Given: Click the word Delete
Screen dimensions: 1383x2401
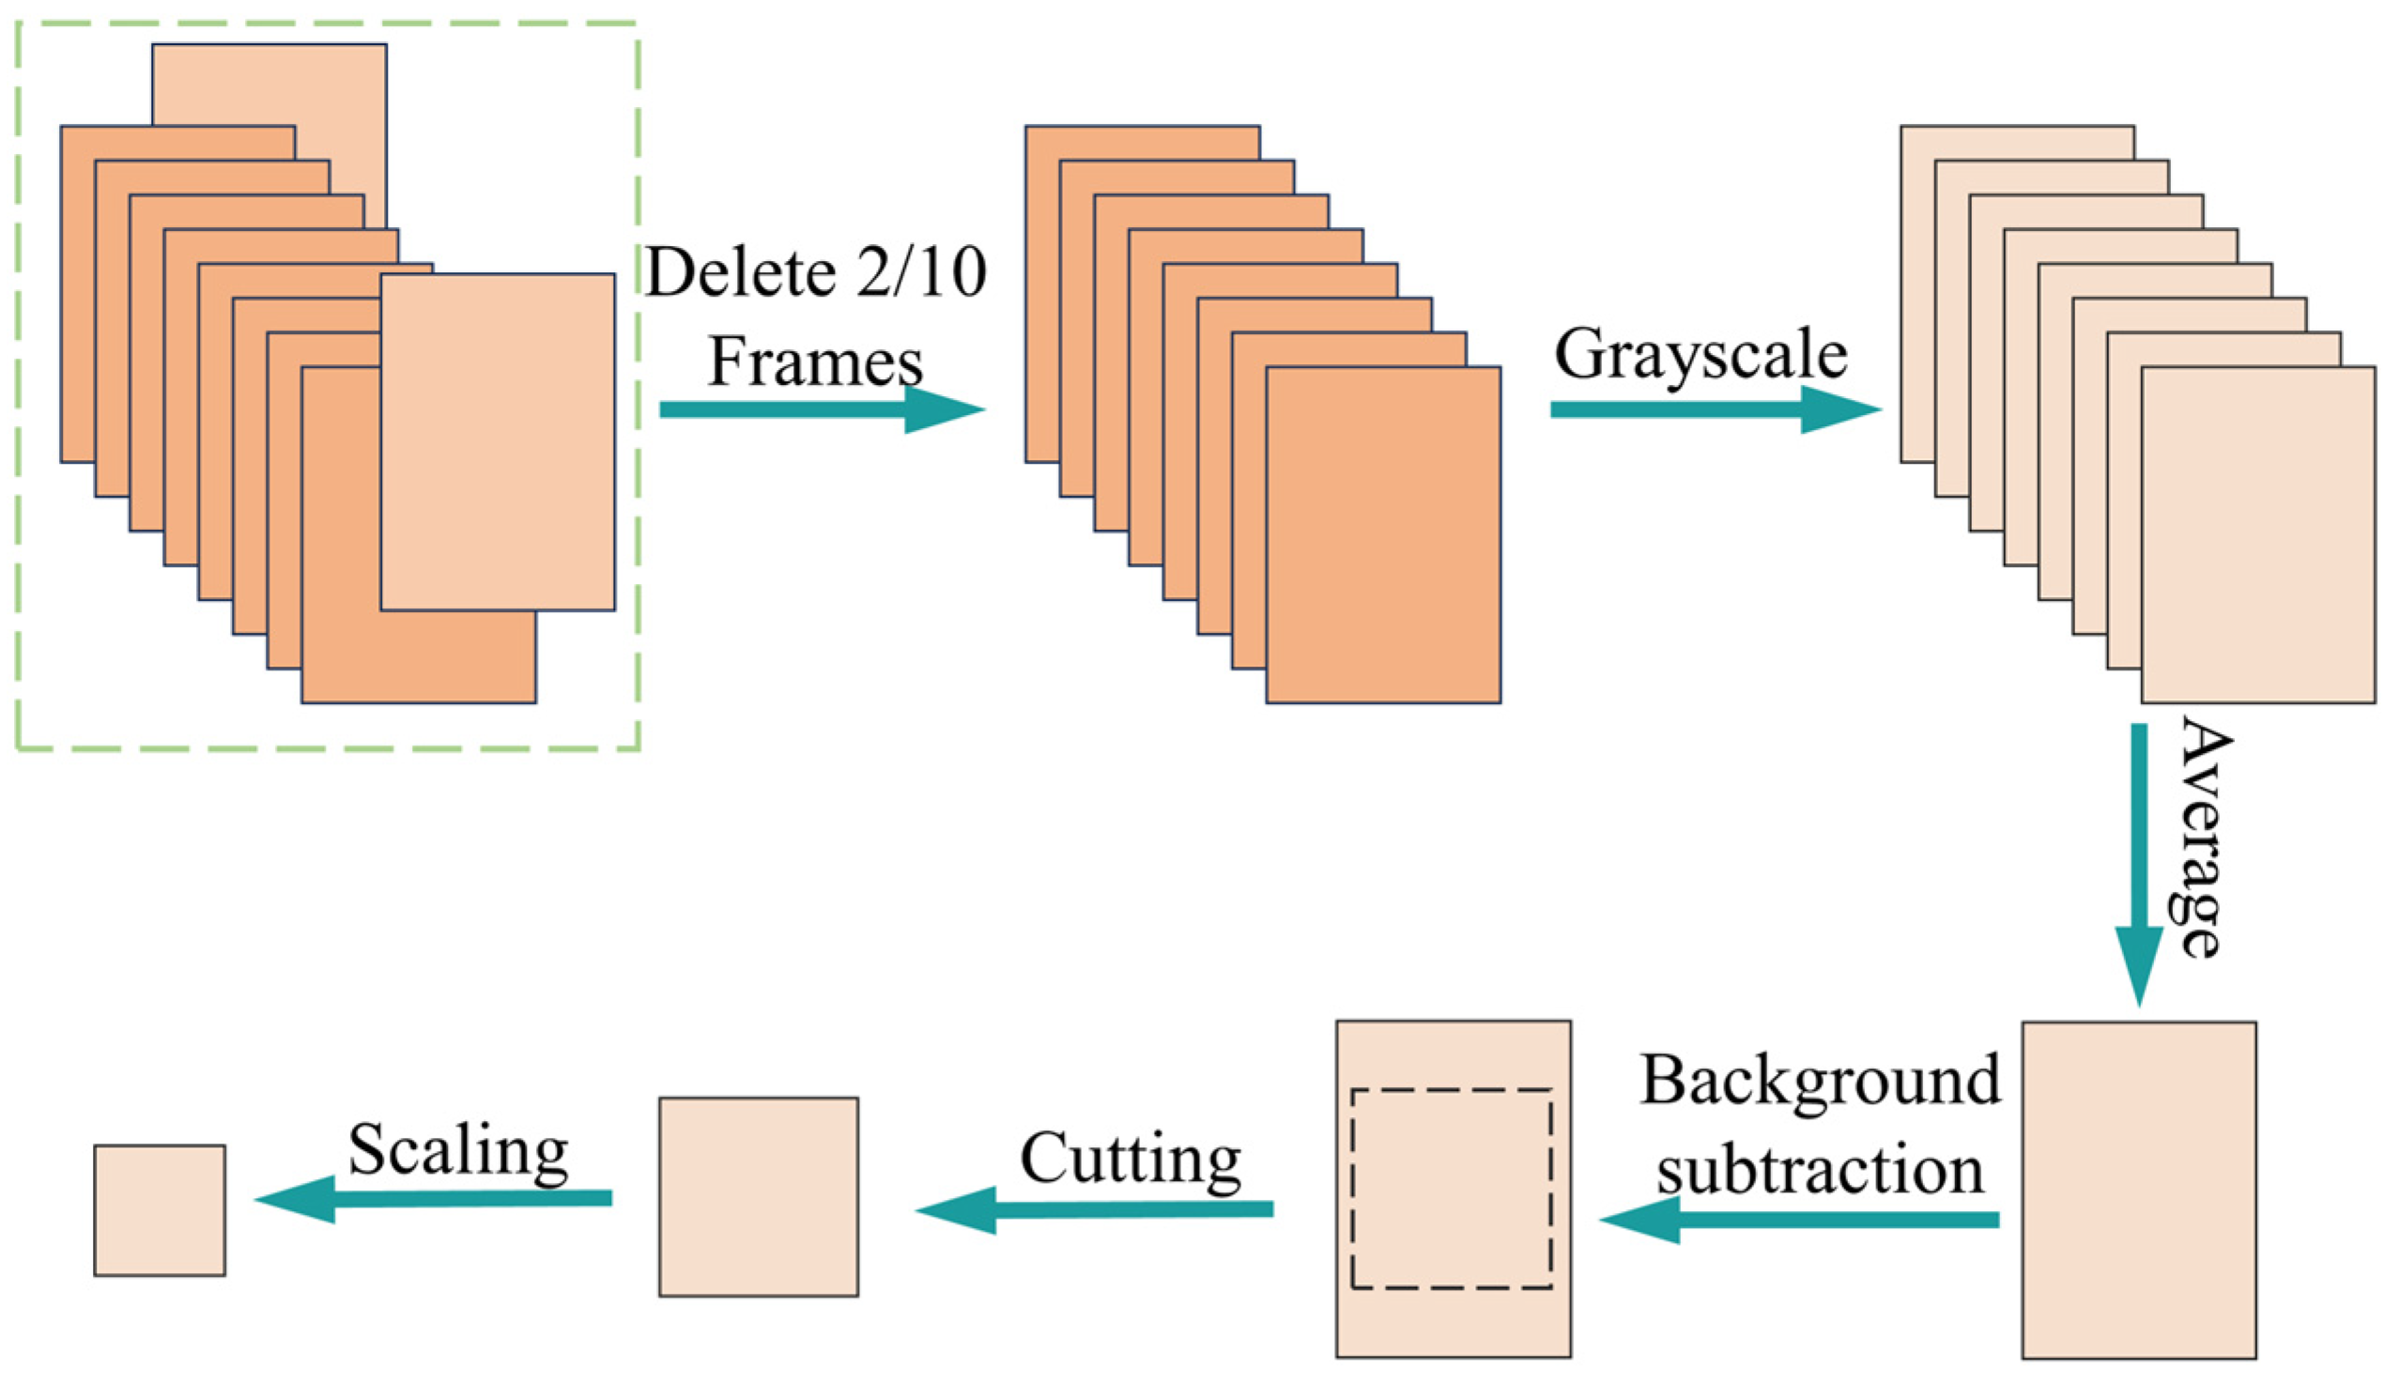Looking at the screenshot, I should coord(740,272).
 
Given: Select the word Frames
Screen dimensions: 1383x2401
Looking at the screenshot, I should coord(815,361).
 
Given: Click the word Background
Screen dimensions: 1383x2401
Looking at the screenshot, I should coord(1820,1081).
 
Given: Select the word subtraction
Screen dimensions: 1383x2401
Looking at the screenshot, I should coord(1820,1170).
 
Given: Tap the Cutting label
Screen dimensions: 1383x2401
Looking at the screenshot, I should coord(1131,1159).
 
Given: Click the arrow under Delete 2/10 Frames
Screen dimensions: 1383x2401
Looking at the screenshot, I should coord(821,409).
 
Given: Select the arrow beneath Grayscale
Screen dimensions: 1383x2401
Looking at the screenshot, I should coord(1714,409).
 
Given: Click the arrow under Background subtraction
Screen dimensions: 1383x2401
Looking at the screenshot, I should coord(1799,1220).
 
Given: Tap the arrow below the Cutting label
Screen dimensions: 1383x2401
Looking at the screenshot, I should coord(1093,1209).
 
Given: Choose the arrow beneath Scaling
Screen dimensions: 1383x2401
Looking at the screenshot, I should coord(433,1199).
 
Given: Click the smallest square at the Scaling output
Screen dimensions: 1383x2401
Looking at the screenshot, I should coord(160,1210).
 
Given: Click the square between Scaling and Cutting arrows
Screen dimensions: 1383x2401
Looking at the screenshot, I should coord(758,1197).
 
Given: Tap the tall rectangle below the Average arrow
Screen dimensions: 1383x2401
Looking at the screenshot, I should coord(2139,1191).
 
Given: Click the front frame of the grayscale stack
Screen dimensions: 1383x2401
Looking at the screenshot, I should coord(2257,534).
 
